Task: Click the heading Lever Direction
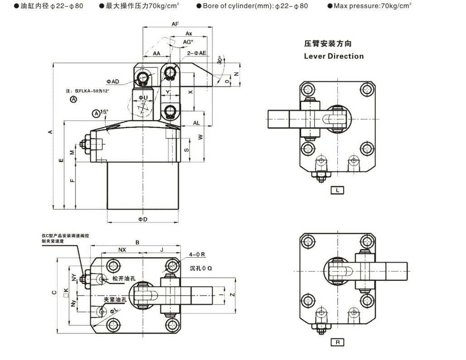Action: pyautogui.click(x=334, y=56)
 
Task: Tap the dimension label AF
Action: pyautogui.click(x=175, y=24)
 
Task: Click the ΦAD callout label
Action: pyautogui.click(x=113, y=82)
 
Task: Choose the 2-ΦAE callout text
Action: pyautogui.click(x=197, y=53)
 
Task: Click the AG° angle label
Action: pyautogui.click(x=188, y=42)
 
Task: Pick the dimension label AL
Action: pyautogui.click(x=196, y=123)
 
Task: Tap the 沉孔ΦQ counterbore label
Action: pyautogui.click(x=201, y=268)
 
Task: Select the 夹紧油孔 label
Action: pyautogui.click(x=116, y=300)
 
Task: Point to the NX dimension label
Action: pyautogui.click(x=122, y=250)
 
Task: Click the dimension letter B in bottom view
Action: pyautogui.click(x=137, y=242)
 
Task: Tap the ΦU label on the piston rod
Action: pyautogui.click(x=143, y=97)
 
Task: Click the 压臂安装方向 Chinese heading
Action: pyautogui.click(x=328, y=44)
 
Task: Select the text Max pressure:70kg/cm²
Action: pyautogui.click(x=371, y=6)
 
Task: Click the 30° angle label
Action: pyautogui.click(x=220, y=60)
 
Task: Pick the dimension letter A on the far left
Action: pyautogui.click(x=50, y=132)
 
